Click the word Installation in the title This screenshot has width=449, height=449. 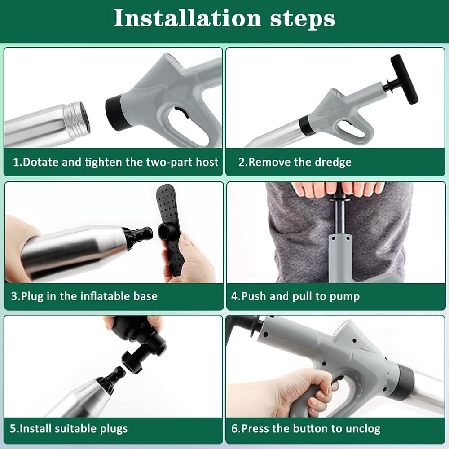[187, 18]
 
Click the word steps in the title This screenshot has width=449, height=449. [302, 19]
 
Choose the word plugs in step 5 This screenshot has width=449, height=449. [114, 429]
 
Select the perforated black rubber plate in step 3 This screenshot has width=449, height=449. [169, 229]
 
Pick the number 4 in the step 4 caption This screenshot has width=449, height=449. [234, 296]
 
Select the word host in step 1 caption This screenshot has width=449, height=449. [207, 162]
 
